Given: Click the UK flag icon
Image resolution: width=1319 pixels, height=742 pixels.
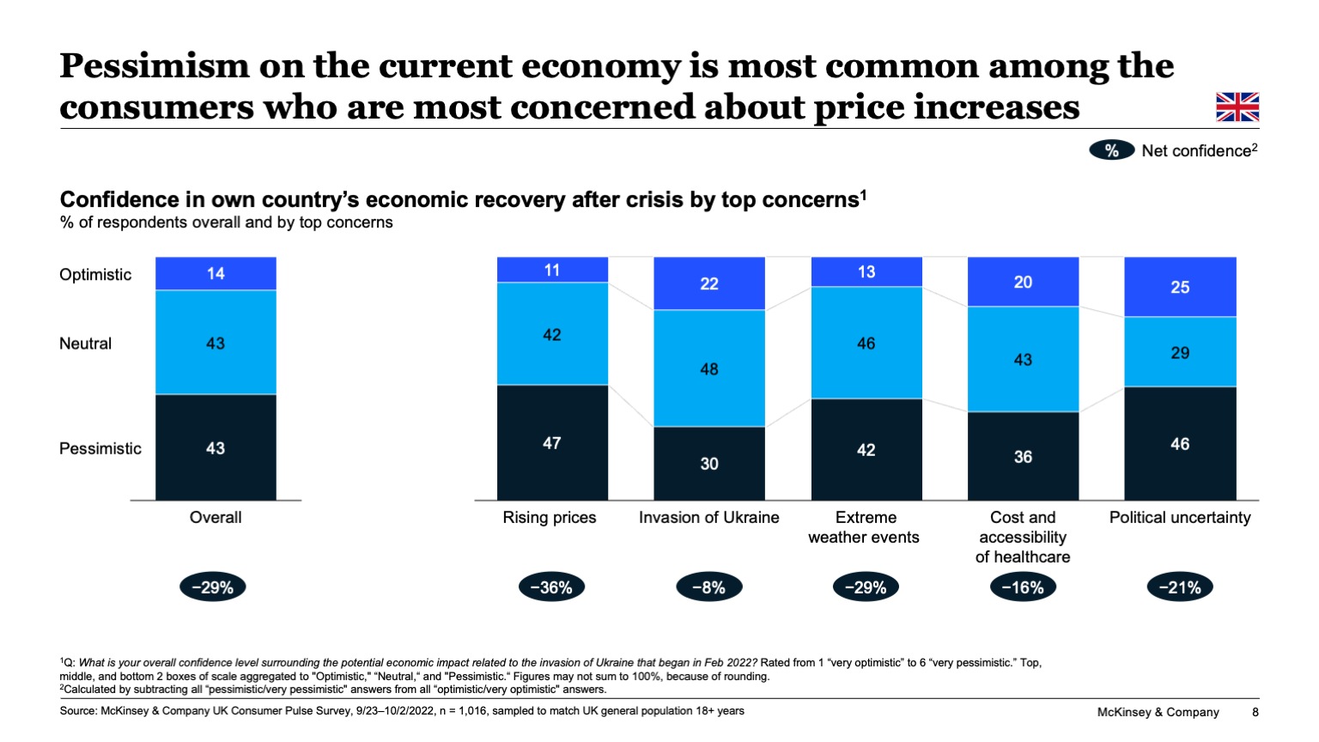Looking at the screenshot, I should pos(1237,107).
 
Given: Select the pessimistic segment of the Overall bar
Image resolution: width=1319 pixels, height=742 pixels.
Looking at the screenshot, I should pos(216,447).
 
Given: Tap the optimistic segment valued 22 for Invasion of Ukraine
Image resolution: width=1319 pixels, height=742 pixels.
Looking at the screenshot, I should pos(708,283).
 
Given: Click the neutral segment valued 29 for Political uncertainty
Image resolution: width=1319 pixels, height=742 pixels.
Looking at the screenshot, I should pos(1180,352).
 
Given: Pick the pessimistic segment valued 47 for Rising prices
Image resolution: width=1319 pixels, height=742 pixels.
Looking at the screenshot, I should pos(552,443).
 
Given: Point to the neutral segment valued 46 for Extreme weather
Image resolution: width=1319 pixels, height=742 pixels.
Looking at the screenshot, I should pos(866,344).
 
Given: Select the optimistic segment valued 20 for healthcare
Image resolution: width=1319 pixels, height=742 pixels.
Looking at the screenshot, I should pos(1023,282).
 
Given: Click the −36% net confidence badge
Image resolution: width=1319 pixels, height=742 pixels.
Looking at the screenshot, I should pos(551,587).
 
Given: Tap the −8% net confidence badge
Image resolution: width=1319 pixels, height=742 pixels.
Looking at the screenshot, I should pos(708,587).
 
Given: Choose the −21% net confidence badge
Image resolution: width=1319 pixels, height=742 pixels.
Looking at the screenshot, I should pos(1180,587).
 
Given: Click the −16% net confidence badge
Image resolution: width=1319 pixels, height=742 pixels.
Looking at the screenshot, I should pos(1023,587).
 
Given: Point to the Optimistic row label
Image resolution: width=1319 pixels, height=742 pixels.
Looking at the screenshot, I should pos(95,275).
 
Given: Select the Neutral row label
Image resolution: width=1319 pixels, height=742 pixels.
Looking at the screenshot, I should pos(86,344).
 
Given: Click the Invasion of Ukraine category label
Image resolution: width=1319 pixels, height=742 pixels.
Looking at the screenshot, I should pos(708,518).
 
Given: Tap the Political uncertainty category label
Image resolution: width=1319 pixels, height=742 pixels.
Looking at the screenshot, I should pos(1180,518).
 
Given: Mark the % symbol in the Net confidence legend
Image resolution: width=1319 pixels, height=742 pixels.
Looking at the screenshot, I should pos(1111,151).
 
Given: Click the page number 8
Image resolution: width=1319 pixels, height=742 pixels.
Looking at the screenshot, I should pos(1255,712).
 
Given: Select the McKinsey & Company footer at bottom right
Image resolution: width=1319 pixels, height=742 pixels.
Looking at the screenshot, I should pos(1158,712).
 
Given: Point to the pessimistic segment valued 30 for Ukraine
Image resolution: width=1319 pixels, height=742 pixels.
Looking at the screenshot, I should pos(708,464).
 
